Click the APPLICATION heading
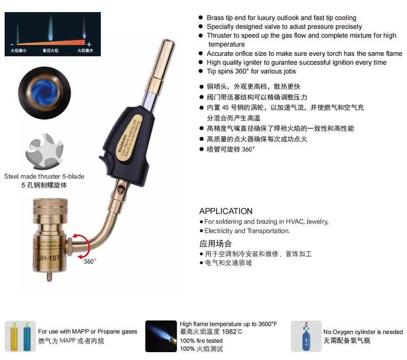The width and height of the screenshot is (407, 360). tap(226, 211)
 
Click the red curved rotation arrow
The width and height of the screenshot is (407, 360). tap(85, 245)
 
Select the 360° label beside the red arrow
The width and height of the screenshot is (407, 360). tap(90, 261)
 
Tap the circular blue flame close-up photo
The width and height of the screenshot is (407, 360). tap(44, 93)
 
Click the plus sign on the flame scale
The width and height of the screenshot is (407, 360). tap(89, 44)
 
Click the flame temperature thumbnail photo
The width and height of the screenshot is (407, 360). tap(161, 336)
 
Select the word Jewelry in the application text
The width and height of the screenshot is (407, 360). tap(317, 222)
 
